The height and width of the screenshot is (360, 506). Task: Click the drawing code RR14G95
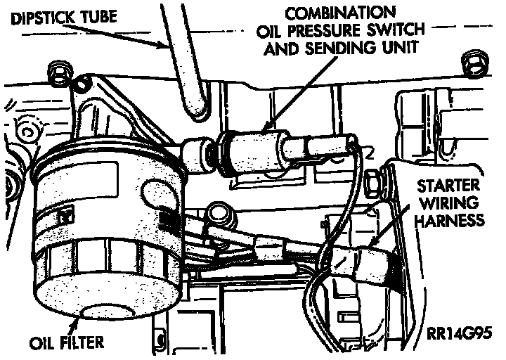[x=458, y=330]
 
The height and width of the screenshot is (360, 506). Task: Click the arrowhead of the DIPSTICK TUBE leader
[x=168, y=49]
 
